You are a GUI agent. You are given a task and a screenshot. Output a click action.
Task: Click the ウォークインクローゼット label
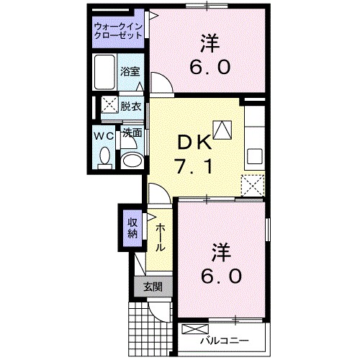click(118, 32)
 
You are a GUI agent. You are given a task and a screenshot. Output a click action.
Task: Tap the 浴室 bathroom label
click(130, 73)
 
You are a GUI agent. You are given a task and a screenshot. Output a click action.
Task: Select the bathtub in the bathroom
click(105, 71)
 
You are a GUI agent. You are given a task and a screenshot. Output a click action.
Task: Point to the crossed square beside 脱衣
click(109, 105)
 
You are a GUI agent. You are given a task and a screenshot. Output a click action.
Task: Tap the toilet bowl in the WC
click(104, 157)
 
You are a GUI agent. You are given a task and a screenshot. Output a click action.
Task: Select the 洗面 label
click(131, 133)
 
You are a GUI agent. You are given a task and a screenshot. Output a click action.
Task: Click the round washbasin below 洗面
click(131, 159)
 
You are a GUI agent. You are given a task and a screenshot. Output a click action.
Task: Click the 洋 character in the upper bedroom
click(210, 42)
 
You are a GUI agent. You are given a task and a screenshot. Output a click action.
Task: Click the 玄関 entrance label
click(152, 286)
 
